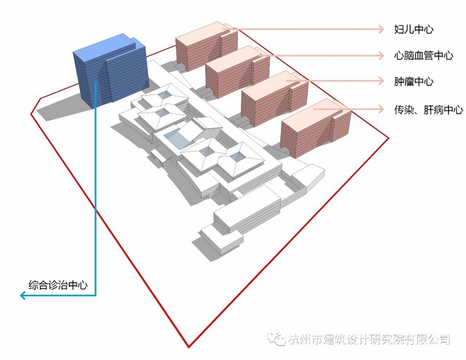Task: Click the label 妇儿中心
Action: tap(413, 29)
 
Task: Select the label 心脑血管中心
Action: tap(423, 55)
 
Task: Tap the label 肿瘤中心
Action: tap(413, 81)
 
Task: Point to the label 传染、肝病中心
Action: tap(428, 110)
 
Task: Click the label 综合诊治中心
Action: tap(58, 285)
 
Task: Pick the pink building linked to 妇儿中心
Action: tap(206, 46)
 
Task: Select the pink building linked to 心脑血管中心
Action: tap(238, 71)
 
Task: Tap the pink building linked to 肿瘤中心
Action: tap(274, 98)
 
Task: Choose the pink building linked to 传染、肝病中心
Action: tap(316, 128)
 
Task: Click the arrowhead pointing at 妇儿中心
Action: tap(381, 29)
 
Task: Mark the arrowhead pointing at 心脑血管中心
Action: tap(381, 55)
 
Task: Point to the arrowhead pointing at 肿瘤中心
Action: tap(381, 81)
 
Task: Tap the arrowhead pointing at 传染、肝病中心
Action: tap(381, 109)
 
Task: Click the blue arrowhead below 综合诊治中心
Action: tap(23, 295)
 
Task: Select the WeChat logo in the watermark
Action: tap(276, 338)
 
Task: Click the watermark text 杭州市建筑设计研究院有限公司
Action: tap(369, 339)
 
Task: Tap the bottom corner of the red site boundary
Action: tap(188, 347)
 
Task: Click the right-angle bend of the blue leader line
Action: tap(95, 295)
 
